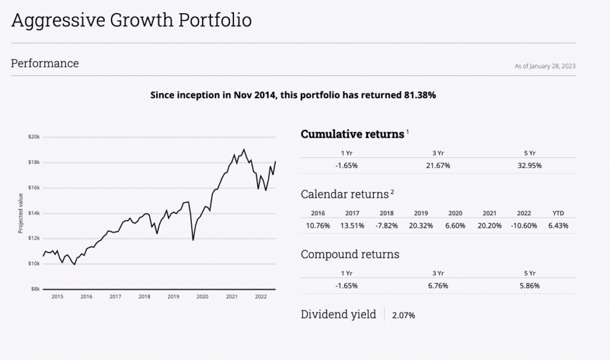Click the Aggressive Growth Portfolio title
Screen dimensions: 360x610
pyautogui.click(x=131, y=20)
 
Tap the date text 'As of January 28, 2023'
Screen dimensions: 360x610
pyautogui.click(x=544, y=66)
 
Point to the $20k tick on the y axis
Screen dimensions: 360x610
pyautogui.click(x=34, y=136)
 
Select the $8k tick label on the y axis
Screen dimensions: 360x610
pyautogui.click(x=35, y=289)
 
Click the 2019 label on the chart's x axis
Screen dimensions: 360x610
pyautogui.click(x=173, y=296)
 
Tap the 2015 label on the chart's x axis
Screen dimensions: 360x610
pyautogui.click(x=57, y=296)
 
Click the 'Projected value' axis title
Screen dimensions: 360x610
pyautogui.click(x=20, y=213)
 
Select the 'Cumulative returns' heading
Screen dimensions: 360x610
pyautogui.click(x=353, y=134)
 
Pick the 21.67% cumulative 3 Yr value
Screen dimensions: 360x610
pyautogui.click(x=438, y=166)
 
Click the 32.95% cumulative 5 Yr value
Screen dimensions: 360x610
pyautogui.click(x=530, y=166)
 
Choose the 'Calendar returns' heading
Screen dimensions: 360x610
pyautogui.click(x=344, y=194)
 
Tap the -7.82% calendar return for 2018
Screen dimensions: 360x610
pyautogui.click(x=386, y=225)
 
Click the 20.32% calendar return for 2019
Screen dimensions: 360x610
pyautogui.click(x=421, y=225)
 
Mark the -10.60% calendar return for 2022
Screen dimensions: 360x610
pyautogui.click(x=523, y=225)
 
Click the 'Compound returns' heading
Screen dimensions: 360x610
pyautogui.click(x=350, y=255)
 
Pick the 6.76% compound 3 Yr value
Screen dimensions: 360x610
pyautogui.click(x=438, y=285)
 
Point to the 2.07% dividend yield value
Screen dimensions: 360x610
pyautogui.click(x=403, y=315)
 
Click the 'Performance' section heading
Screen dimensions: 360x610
pyautogui.click(x=45, y=63)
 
